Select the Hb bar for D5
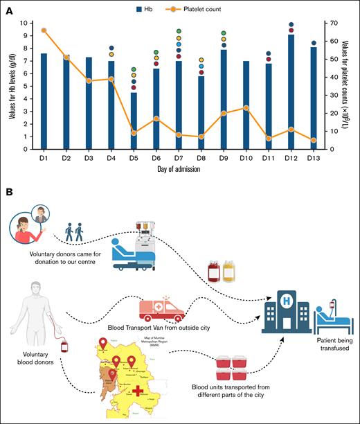click(x=134, y=121)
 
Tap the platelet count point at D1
click(x=44, y=30)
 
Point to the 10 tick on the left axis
click(x=24, y=23)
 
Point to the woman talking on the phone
click(x=26, y=229)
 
